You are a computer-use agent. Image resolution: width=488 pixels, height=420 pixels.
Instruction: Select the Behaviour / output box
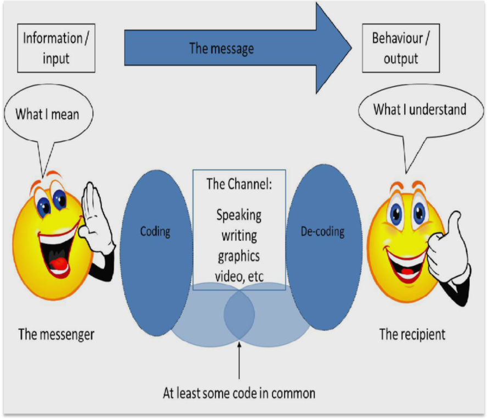(401, 48)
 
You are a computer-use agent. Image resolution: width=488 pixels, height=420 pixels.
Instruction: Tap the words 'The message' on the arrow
(221, 48)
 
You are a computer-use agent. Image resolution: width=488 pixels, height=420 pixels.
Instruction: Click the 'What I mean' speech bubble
(48, 114)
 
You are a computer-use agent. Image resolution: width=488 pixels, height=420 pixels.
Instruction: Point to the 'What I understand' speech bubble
(419, 109)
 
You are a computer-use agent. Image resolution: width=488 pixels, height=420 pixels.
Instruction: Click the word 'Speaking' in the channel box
(239, 215)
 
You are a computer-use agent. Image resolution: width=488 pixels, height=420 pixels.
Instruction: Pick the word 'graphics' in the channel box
(239, 256)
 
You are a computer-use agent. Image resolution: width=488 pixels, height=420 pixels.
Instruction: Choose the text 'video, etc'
(240, 276)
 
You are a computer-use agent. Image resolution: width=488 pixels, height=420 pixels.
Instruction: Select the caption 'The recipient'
(412, 334)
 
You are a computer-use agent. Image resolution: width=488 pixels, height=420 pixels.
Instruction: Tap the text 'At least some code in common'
(239, 393)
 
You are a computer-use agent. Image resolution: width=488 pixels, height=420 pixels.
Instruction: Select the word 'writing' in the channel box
(239, 236)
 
